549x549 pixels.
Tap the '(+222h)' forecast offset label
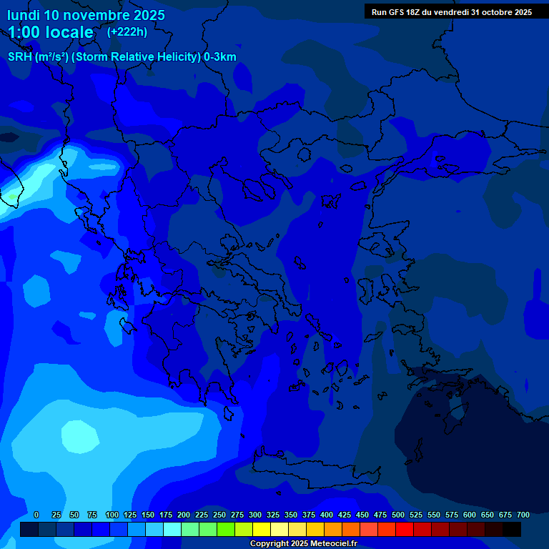[127, 31]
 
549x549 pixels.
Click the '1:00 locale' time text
[50, 32]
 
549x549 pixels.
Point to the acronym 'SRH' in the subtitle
[19, 57]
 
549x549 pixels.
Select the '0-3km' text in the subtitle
[220, 57]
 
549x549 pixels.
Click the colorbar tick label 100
[112, 515]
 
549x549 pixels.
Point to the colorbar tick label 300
[254, 515]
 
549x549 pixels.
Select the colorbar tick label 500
[397, 515]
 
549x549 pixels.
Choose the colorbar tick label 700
[523, 515]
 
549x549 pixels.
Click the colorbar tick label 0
[36, 515]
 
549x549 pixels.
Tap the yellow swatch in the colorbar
[262, 529]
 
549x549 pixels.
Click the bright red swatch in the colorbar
[405, 529]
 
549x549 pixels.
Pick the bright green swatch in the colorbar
[226, 529]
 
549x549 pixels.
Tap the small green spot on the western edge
[12, 196]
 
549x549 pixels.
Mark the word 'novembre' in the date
[88, 14]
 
